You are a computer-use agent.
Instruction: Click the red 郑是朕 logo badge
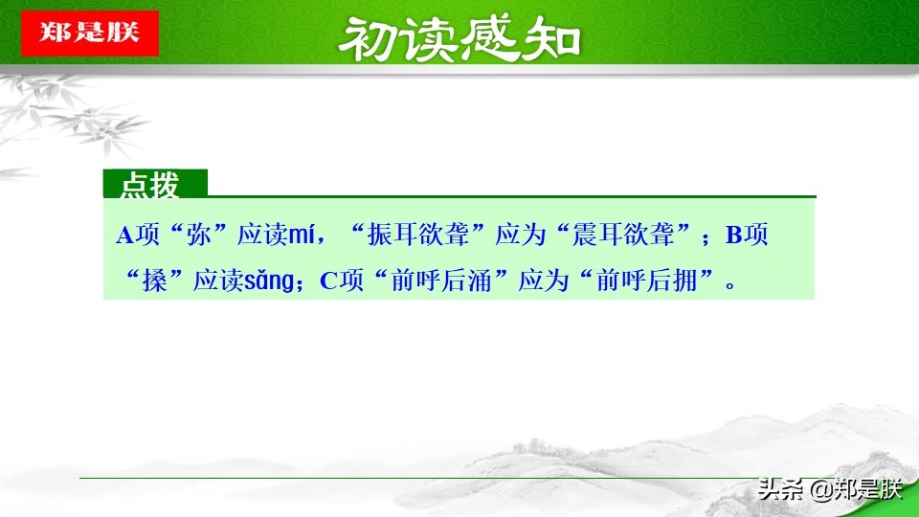pos(89,33)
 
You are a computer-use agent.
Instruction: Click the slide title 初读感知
pos(460,38)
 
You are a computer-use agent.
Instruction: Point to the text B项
pos(747,236)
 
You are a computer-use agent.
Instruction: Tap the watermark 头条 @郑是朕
pos(829,490)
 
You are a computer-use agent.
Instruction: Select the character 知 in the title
pos(553,38)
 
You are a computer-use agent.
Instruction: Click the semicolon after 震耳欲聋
pos(706,238)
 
